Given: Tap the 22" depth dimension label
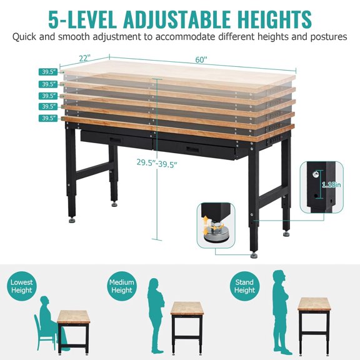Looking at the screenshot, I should point(85,58).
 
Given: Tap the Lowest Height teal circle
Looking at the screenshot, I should point(22,286).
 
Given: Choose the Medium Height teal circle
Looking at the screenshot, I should point(121,286).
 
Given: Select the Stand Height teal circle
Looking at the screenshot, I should point(244,286).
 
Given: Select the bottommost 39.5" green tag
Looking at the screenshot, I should point(49,118).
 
